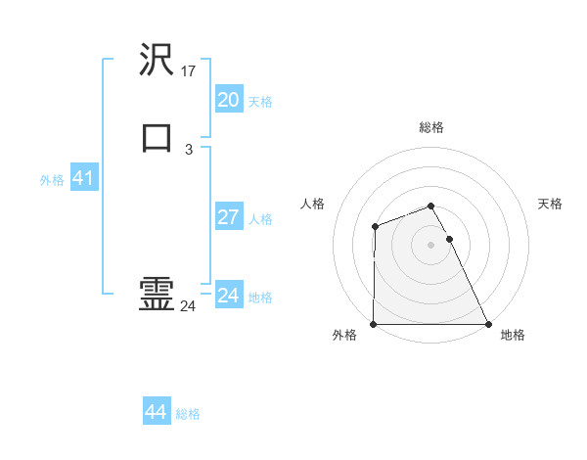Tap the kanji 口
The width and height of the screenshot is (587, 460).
pyautogui.click(x=157, y=137)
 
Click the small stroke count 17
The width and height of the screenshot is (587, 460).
pyautogui.click(x=190, y=71)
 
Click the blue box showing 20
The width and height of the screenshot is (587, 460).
pyautogui.click(x=228, y=100)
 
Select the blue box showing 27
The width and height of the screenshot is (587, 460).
pyautogui.click(x=228, y=216)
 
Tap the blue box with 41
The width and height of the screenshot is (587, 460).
pyautogui.click(x=83, y=178)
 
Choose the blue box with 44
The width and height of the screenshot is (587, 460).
pyautogui.click(x=156, y=412)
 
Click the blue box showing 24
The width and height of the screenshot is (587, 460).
pyautogui.click(x=228, y=296)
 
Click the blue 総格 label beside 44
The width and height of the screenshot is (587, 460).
pyautogui.click(x=188, y=414)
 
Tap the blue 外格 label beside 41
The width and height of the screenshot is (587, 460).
pyautogui.click(x=52, y=180)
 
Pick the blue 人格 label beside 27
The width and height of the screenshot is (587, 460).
pyautogui.click(x=261, y=218)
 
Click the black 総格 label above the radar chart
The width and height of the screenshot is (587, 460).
pyautogui.click(x=431, y=127)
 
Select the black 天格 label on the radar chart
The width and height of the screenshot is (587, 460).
pyautogui.click(x=551, y=204)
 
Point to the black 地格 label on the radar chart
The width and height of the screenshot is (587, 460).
pyautogui.click(x=513, y=336)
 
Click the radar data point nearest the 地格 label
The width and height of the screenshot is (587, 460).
pyautogui.click(x=488, y=324)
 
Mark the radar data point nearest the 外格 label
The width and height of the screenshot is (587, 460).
pyautogui.click(x=374, y=324)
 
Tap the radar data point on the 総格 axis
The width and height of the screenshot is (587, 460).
pyautogui.click(x=431, y=206)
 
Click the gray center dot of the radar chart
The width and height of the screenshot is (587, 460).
pyautogui.click(x=431, y=244)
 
